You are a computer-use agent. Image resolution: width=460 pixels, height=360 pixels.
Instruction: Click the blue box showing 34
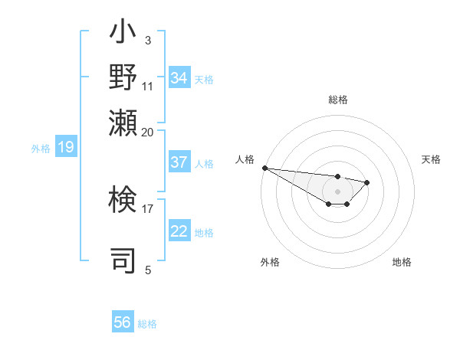tap(179, 78)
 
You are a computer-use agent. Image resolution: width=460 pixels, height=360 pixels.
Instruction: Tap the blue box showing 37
tap(179, 162)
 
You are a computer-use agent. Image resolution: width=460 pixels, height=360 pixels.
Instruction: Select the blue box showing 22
tap(179, 231)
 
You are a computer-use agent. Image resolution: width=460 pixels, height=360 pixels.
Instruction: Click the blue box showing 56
tap(123, 322)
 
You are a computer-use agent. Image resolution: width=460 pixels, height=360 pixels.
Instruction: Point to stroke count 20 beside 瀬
tap(148, 132)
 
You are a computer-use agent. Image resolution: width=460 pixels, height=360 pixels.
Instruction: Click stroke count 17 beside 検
tap(148, 208)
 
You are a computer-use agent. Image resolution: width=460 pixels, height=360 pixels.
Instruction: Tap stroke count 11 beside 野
tap(148, 86)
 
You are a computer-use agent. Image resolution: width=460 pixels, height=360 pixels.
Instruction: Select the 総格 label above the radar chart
tap(338, 100)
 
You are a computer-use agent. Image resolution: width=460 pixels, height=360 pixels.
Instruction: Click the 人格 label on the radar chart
tap(245, 159)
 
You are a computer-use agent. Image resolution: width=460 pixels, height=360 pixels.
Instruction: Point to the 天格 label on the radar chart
tap(431, 159)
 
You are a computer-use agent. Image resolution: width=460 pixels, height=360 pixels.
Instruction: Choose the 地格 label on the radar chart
tap(402, 262)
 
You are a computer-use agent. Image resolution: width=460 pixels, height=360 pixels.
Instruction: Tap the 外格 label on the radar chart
tap(270, 262)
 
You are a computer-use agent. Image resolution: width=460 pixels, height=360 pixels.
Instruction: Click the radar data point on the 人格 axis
tap(264, 168)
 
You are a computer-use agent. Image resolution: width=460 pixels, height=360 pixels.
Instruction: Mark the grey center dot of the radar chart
tap(337, 191)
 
